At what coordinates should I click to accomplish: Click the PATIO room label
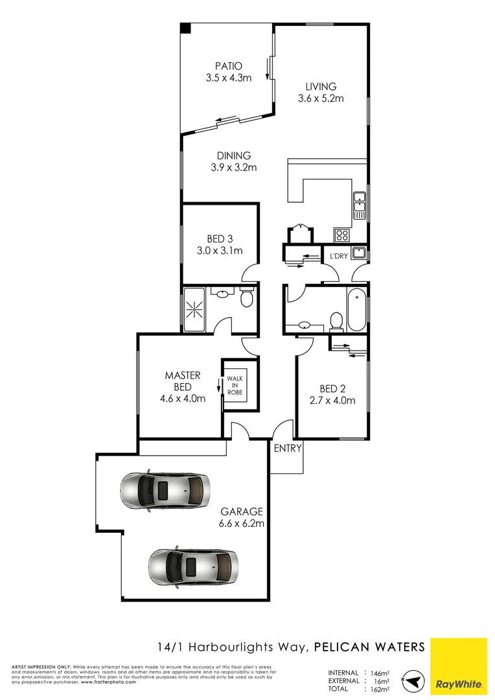[228, 65]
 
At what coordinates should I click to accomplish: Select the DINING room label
[234, 156]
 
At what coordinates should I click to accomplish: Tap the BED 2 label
[332, 389]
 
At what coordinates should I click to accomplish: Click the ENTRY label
[287, 449]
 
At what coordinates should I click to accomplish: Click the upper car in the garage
[165, 490]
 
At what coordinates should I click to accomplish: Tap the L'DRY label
[339, 256]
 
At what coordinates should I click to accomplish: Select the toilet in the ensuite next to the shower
[246, 298]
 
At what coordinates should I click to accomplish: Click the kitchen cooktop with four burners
[341, 235]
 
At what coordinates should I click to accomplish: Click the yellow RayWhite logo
[458, 666]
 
